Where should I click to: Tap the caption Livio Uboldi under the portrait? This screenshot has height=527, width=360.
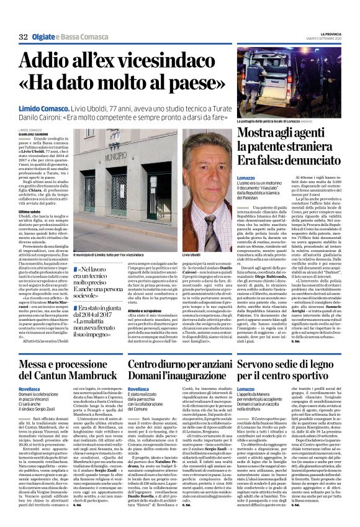click(192, 238)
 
